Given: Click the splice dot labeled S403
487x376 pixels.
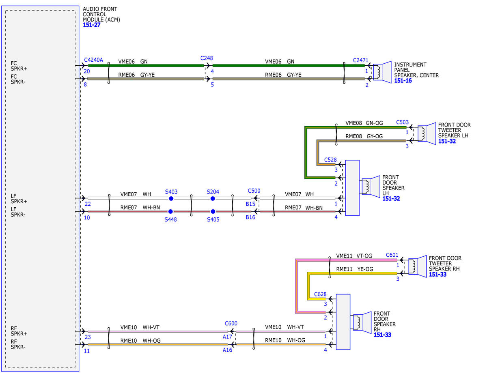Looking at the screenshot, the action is (171, 198).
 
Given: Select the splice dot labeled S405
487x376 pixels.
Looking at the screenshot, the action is (213, 211).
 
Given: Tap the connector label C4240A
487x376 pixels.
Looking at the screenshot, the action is (93, 60).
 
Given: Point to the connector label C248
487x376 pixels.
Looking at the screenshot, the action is (207, 58).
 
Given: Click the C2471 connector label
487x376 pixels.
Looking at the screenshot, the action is (361, 60).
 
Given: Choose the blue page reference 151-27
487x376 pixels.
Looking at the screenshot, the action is (92, 25).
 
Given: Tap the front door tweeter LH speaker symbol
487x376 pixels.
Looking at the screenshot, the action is (427, 133).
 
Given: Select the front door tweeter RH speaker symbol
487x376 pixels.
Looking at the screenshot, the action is (418, 266).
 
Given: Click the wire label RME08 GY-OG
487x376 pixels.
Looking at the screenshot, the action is (364, 136).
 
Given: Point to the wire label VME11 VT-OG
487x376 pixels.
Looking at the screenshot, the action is (354, 256).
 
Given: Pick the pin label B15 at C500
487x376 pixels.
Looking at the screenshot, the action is (250, 204).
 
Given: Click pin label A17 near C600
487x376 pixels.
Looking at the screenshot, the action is (227, 337).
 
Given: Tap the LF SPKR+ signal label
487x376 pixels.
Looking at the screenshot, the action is (19, 199).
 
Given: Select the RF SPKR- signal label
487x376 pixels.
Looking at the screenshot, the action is (18, 344).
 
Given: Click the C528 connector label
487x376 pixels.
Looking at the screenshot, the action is (330, 160).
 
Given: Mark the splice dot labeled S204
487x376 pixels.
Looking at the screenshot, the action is (213, 198).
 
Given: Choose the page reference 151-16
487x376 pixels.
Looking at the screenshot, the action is (403, 81).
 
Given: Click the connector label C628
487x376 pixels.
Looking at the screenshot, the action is (320, 294).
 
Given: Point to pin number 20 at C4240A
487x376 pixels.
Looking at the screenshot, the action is (87, 71).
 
